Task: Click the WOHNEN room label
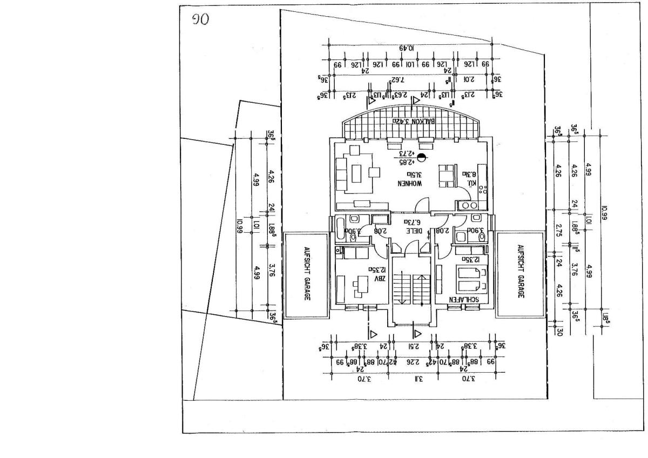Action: click(409, 184)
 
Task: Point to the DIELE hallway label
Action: click(413, 231)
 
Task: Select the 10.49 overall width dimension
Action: click(407, 48)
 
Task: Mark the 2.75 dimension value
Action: click(559, 227)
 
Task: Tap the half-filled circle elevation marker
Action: click(421, 158)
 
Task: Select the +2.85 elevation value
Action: click(406, 161)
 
